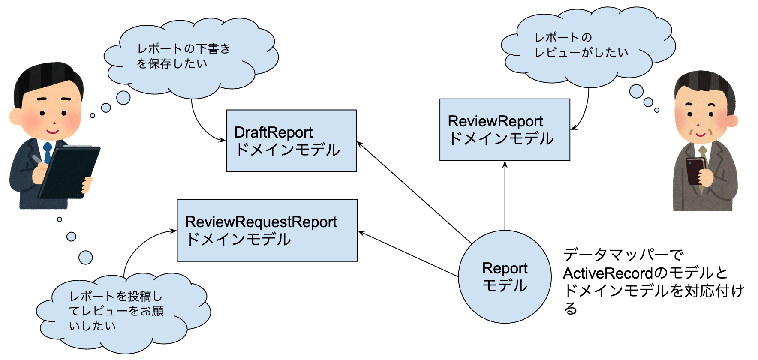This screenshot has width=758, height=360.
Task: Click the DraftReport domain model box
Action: click(x=291, y=141)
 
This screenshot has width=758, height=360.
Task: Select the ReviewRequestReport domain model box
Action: click(x=267, y=231)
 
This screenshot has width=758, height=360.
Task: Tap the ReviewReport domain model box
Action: click(x=505, y=130)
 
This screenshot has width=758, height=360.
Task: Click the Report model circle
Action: click(x=505, y=277)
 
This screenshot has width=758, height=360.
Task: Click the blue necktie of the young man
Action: click(x=48, y=153)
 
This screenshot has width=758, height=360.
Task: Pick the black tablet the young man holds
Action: click(x=69, y=171)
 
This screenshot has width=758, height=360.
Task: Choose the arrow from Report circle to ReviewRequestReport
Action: click(x=407, y=253)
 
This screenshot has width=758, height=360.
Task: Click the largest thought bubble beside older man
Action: click(x=636, y=91)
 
